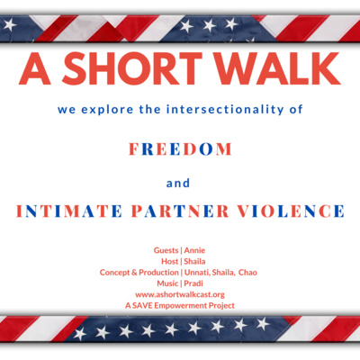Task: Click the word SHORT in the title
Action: click(132, 69)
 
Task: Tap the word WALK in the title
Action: click(280, 69)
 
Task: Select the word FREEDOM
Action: click(180, 149)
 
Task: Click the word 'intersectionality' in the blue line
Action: click(225, 109)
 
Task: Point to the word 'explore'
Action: click(107, 110)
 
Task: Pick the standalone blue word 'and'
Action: click(178, 183)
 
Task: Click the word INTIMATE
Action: click(69, 211)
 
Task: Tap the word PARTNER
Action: click(180, 211)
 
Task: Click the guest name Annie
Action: click(194, 250)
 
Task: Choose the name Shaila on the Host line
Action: click(194, 261)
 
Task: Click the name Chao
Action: click(247, 273)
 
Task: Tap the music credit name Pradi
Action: click(193, 283)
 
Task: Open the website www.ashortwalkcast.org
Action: click(180, 294)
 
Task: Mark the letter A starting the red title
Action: click(34, 69)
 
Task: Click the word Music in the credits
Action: click(167, 283)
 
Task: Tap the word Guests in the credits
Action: click(166, 250)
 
